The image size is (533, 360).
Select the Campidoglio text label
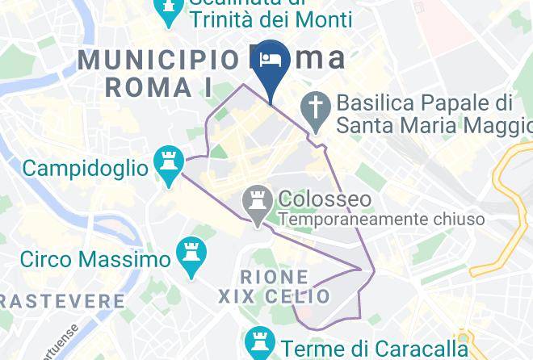85,168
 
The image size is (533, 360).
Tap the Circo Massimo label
95,260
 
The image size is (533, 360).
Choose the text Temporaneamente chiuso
381,219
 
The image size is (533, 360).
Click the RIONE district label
275,277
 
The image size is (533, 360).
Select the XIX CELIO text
275,297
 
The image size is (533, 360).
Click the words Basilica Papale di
425,104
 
